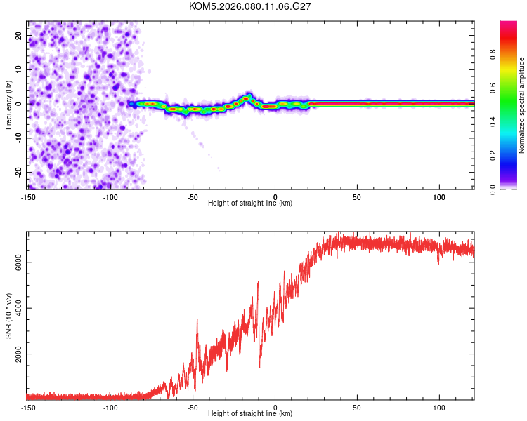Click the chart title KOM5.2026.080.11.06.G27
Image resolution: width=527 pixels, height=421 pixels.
[x=250, y=6]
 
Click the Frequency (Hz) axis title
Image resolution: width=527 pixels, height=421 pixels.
[x=9, y=105]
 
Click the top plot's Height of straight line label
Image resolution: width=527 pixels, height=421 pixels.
[x=250, y=203]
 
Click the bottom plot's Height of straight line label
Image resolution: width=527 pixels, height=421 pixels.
[x=250, y=413]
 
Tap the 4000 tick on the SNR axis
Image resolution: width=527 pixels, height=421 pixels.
[x=15, y=308]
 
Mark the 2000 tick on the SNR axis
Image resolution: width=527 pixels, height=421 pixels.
[x=15, y=355]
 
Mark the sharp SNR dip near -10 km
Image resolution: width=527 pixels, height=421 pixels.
[x=259, y=366]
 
